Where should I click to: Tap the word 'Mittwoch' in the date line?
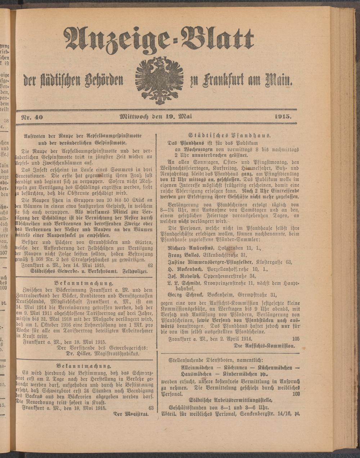coord(135,117)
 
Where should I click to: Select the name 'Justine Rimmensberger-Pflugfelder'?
coord(210,262)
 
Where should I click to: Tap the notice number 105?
coord(296,339)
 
